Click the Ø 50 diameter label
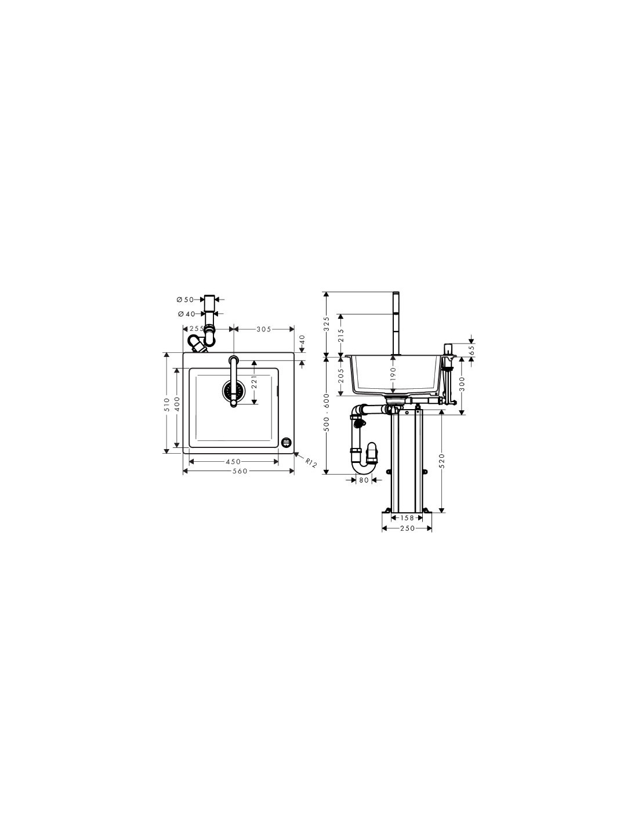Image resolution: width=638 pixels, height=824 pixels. click(185, 300)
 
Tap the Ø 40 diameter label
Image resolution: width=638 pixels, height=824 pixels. click(186, 314)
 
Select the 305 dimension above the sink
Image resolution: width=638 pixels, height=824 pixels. click(264, 329)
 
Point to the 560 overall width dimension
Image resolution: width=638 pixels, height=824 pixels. click(240, 471)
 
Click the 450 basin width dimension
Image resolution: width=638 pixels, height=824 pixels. click(233, 461)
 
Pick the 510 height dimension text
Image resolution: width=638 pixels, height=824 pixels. click(166, 403)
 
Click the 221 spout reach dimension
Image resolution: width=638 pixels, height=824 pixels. click(254, 381)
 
